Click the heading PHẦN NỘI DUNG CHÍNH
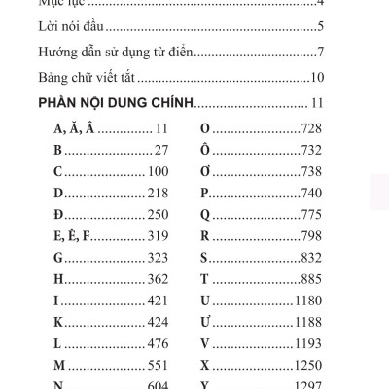tap(116, 102)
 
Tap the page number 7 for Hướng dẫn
tap(320, 52)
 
